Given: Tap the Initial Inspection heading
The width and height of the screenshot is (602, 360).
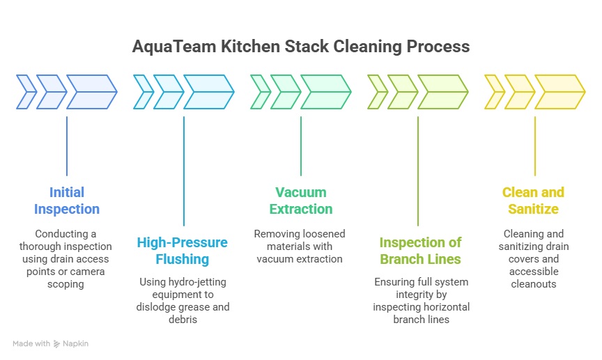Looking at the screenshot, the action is (67, 201).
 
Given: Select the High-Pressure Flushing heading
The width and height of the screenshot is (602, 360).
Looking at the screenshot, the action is (183, 251).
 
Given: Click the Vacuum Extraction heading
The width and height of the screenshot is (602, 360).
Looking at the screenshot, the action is (301, 201).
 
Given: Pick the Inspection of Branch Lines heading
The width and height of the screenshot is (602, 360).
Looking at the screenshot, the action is (420, 251).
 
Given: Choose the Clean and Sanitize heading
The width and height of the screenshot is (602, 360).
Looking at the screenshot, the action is (533, 201).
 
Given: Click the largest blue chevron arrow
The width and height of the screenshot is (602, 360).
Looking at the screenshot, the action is (92, 92).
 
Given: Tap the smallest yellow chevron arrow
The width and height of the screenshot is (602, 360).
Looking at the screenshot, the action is (495, 92).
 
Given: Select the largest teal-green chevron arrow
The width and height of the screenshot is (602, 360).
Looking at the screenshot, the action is (326, 92).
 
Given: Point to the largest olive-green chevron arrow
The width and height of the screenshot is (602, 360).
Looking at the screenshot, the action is (443, 92).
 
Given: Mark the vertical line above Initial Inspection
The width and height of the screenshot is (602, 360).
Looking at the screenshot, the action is (67, 146).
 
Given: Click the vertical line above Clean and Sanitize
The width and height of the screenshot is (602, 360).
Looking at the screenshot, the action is (535, 146).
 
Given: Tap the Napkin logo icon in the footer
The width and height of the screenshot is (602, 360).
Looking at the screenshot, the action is (57, 344).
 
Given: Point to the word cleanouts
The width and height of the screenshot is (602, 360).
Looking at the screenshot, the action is (534, 284).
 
